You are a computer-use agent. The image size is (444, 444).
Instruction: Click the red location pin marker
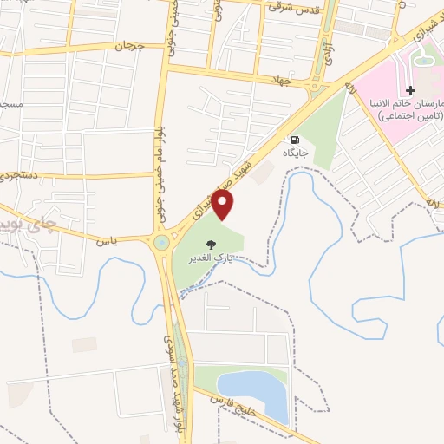coord(224,205)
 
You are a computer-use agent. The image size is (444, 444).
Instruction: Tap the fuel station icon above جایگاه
coord(296,140)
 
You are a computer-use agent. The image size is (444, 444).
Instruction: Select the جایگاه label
coord(296,153)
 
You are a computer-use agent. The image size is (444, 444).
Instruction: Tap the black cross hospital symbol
coord(411,90)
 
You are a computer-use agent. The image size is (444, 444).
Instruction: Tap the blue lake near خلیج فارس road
coord(251,395)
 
